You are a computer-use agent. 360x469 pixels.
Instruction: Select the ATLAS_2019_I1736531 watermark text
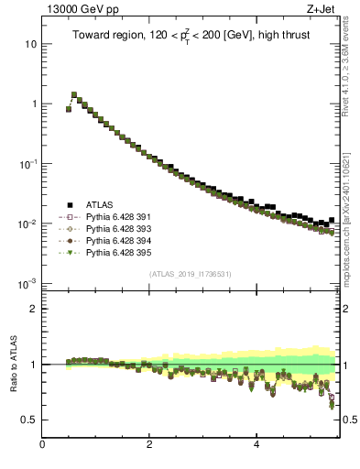coord(191,274)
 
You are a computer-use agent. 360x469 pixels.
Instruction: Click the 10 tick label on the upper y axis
coord(30,44)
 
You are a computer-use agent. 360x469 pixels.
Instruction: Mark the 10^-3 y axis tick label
coord(27,283)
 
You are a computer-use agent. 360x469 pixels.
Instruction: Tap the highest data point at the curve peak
coord(74,94)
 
